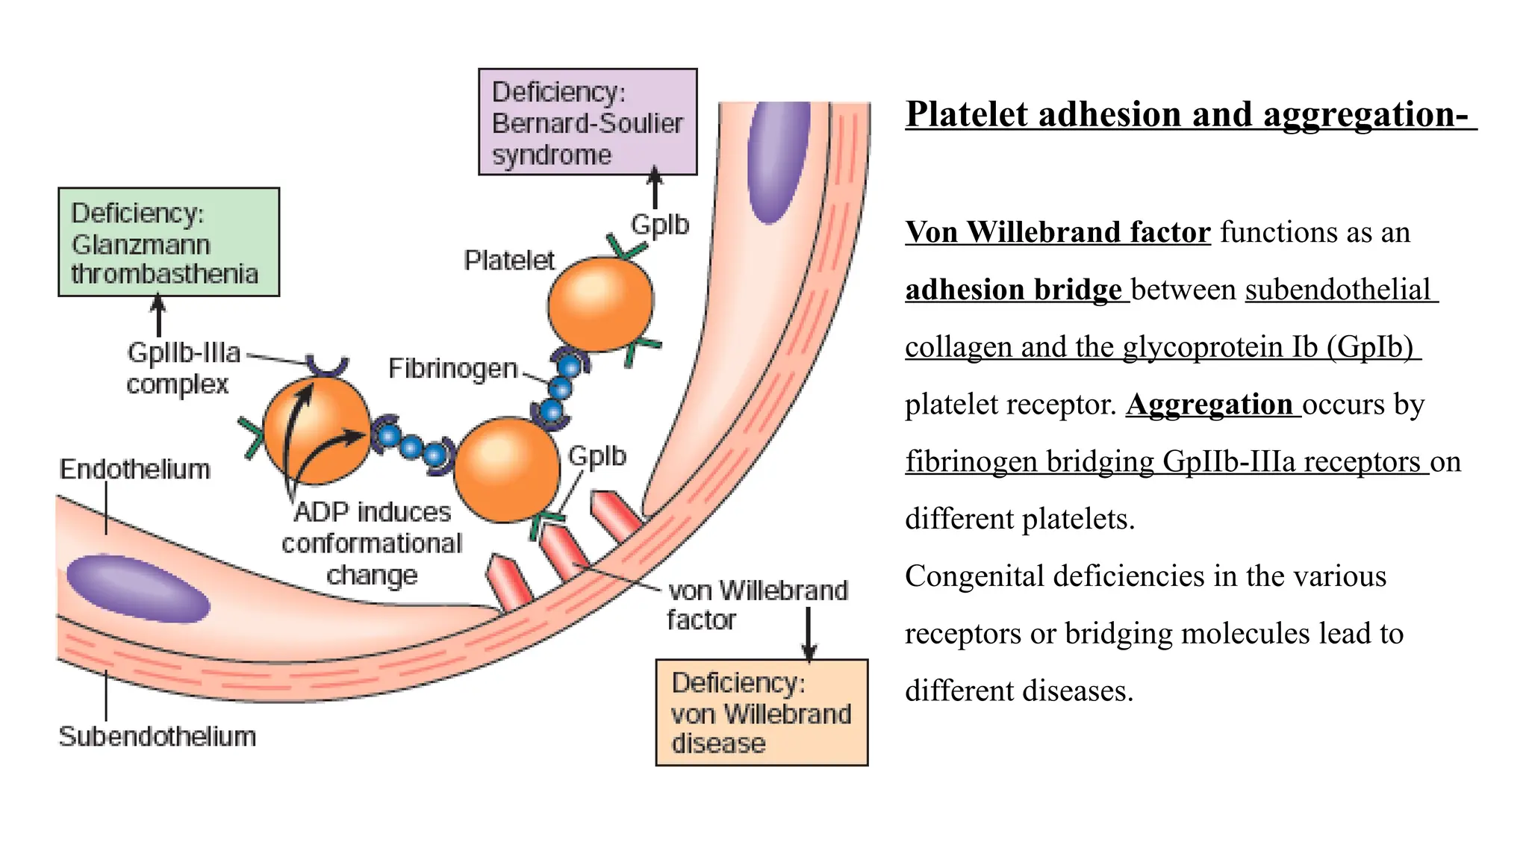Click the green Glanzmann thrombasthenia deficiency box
pos(169,243)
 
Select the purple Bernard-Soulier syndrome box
pos(588,122)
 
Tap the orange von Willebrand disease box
pos(762,713)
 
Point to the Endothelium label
pos(134,470)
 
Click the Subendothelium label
pos(158,737)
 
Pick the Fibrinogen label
pos(452,369)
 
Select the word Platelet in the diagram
pos(509,261)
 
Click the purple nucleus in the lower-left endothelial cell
pos(137,588)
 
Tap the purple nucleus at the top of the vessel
pos(779,160)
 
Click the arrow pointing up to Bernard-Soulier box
pos(655,187)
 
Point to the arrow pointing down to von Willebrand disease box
pos(809,634)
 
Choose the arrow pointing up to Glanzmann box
pos(158,316)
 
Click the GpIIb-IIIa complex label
pos(183,368)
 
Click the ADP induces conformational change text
pos(372,543)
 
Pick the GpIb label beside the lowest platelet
pos(597,456)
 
